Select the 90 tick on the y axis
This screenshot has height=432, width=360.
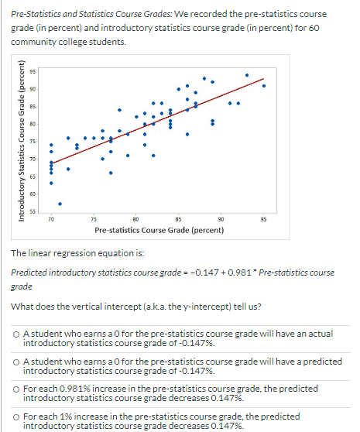pos(33,89)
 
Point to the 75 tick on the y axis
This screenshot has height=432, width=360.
pos(33,142)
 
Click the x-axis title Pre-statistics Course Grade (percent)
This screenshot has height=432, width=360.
pos(159,231)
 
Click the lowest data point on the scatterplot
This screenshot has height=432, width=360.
pos(60,204)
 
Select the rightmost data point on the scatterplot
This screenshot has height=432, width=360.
pos(264,86)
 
